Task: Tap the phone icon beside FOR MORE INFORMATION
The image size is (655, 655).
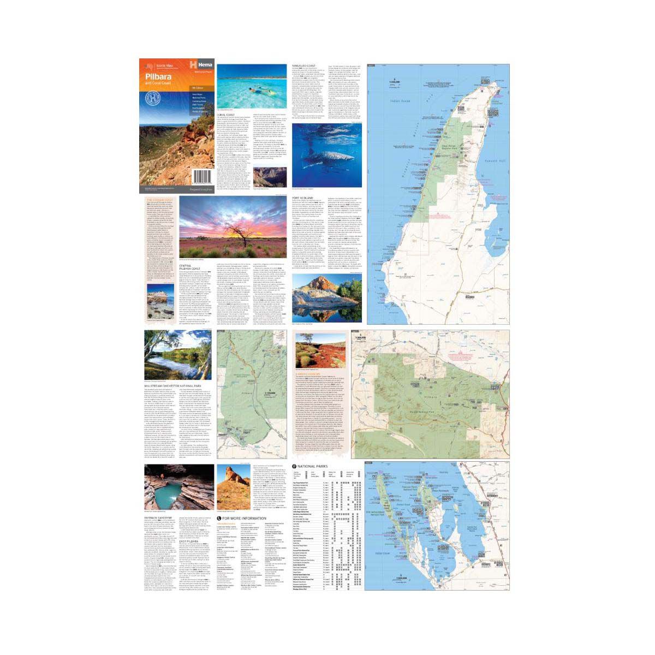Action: coord(219,518)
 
